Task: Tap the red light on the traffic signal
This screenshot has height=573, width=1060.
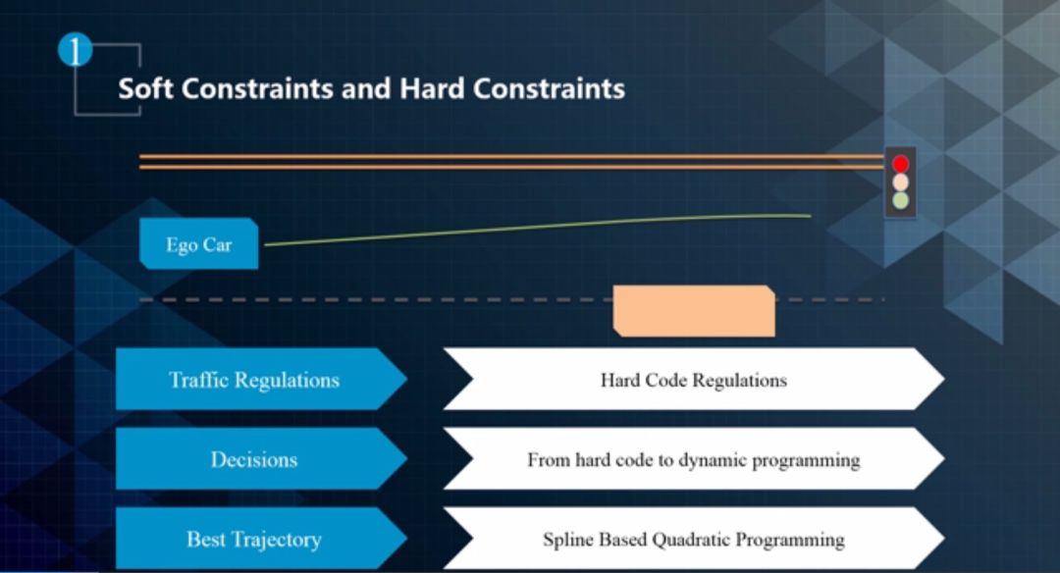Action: click(x=900, y=164)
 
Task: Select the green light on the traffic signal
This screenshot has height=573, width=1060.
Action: click(x=900, y=200)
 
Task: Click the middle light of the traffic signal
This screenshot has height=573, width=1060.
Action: click(x=900, y=182)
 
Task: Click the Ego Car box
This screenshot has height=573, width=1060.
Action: click(x=198, y=244)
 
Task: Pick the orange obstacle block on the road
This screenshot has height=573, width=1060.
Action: click(x=694, y=310)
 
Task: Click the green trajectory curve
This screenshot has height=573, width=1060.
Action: click(x=540, y=227)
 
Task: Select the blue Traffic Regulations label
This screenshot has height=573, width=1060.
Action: click(x=254, y=380)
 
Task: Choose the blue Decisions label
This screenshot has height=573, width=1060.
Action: click(x=253, y=459)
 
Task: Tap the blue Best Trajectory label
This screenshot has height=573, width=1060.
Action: click(x=253, y=539)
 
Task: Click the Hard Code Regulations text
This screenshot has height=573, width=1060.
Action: click(x=693, y=380)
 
